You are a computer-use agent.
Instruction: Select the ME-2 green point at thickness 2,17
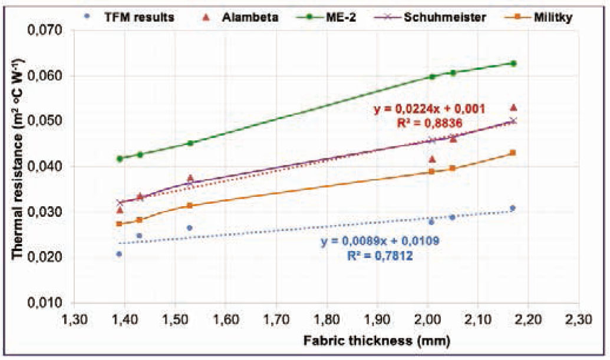click(513, 63)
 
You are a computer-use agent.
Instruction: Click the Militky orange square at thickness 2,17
click(513, 153)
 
